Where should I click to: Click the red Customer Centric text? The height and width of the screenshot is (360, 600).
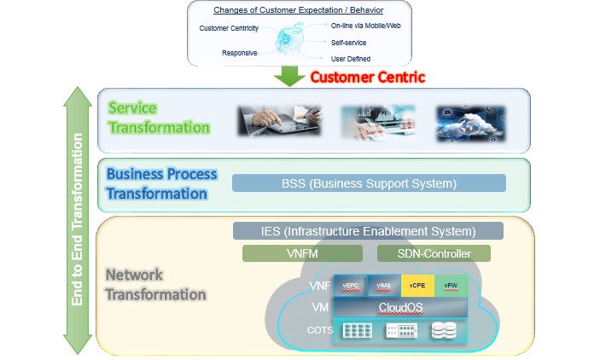click(x=367, y=77)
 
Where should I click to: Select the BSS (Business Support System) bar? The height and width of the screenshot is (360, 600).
click(x=369, y=183)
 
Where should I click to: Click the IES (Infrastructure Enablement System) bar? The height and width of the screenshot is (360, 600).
click(x=368, y=230)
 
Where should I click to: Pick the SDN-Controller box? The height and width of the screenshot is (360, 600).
click(x=434, y=253)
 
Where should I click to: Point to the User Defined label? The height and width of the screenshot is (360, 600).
click(x=351, y=59)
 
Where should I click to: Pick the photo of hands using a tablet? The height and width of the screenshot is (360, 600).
click(x=272, y=121)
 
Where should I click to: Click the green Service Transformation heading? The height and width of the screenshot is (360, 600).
click(x=159, y=119)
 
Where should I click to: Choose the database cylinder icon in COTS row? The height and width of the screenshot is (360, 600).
click(x=443, y=330)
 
